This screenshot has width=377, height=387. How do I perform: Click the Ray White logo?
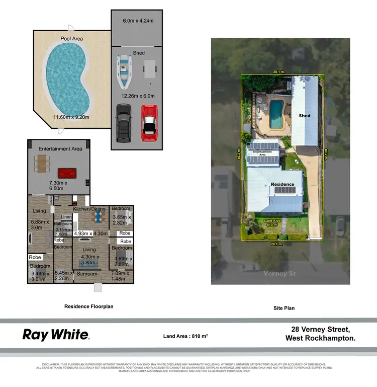[x=56, y=335]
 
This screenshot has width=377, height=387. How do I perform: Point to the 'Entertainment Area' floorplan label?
[x=60, y=149]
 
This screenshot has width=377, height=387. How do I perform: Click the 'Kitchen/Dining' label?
[x=88, y=208]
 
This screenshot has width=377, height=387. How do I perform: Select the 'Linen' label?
[x=66, y=217]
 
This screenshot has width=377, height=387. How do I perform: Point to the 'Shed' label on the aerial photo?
[x=305, y=116]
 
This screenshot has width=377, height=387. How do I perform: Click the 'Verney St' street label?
[x=279, y=273]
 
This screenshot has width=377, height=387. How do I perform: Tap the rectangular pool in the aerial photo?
[x=275, y=114]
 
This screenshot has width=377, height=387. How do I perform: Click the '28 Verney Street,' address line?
[x=320, y=330]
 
